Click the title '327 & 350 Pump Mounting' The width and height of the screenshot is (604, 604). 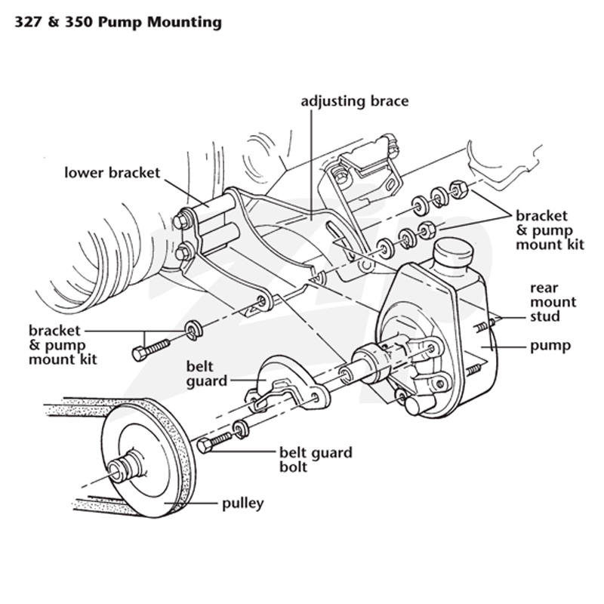(x=118, y=23)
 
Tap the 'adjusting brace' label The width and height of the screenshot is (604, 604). (x=354, y=102)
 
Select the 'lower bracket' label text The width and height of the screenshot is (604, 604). (x=112, y=173)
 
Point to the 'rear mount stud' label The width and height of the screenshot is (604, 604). (x=553, y=302)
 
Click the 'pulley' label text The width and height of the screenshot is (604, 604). (x=243, y=504)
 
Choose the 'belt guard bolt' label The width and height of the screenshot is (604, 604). (x=316, y=460)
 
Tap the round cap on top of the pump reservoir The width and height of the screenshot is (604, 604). (x=452, y=251)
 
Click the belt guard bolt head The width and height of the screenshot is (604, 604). (x=204, y=445)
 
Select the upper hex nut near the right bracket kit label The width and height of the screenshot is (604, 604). (x=458, y=189)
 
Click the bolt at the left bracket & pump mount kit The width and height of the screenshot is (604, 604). (x=150, y=350)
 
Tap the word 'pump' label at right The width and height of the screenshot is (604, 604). (x=550, y=347)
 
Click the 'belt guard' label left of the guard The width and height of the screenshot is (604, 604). (x=207, y=374)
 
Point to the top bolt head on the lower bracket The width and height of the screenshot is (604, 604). (x=180, y=221)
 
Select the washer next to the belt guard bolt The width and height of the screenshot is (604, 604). (x=241, y=429)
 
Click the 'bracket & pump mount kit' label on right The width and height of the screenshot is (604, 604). (x=550, y=230)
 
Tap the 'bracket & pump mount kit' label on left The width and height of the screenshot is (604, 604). (x=63, y=345)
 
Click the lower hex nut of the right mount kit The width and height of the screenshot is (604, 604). (x=427, y=230)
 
